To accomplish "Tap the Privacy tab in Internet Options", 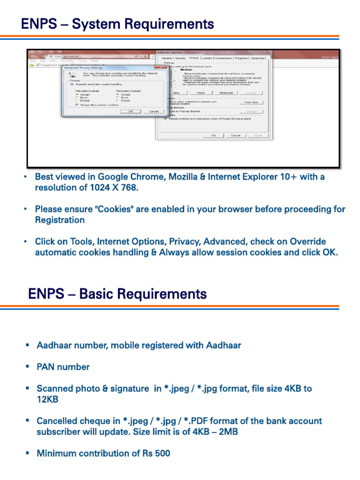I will point(194,58).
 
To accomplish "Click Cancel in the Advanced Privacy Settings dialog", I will point(153,112).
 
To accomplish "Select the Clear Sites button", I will point(251,102).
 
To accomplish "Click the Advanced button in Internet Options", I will point(225,93).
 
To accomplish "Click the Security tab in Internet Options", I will point(180,58).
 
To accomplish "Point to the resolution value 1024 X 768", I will point(113,187).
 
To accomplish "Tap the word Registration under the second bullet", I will point(60,220).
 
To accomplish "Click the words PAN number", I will point(63,367).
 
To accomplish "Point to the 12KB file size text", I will point(47,399).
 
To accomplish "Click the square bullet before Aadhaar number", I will point(27,345).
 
